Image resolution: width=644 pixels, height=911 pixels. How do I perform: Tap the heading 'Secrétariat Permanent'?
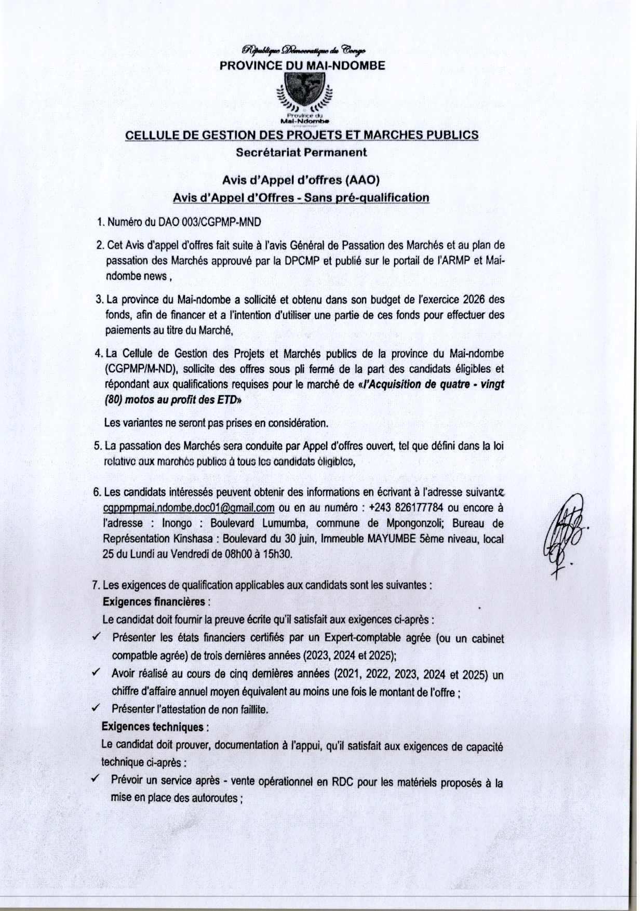pos(301,153)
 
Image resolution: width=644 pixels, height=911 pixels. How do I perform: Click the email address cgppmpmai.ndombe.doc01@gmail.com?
pos(189,507)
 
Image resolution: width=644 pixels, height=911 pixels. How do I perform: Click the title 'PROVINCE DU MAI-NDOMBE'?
pos(302,66)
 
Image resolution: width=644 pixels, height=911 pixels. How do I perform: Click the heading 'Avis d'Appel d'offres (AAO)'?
pos(301,180)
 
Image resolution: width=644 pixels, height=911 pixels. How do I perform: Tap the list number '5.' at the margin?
pos(98,446)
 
